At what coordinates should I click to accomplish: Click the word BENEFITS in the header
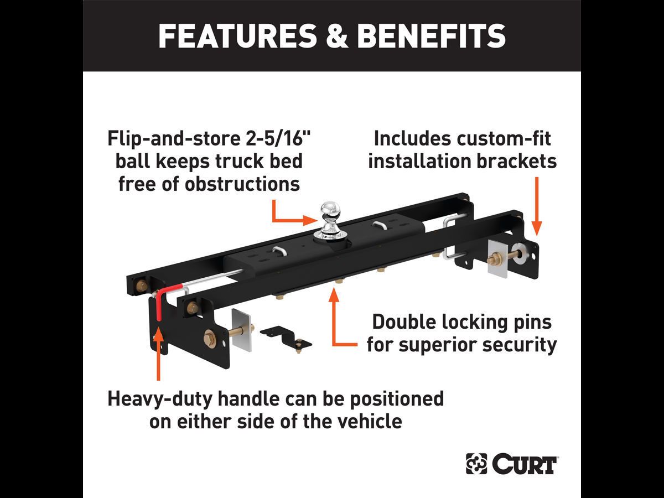click(431, 36)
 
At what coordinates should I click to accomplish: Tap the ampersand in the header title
click(335, 36)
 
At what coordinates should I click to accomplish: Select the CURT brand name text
click(523, 464)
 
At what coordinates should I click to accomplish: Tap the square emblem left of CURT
click(476, 464)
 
